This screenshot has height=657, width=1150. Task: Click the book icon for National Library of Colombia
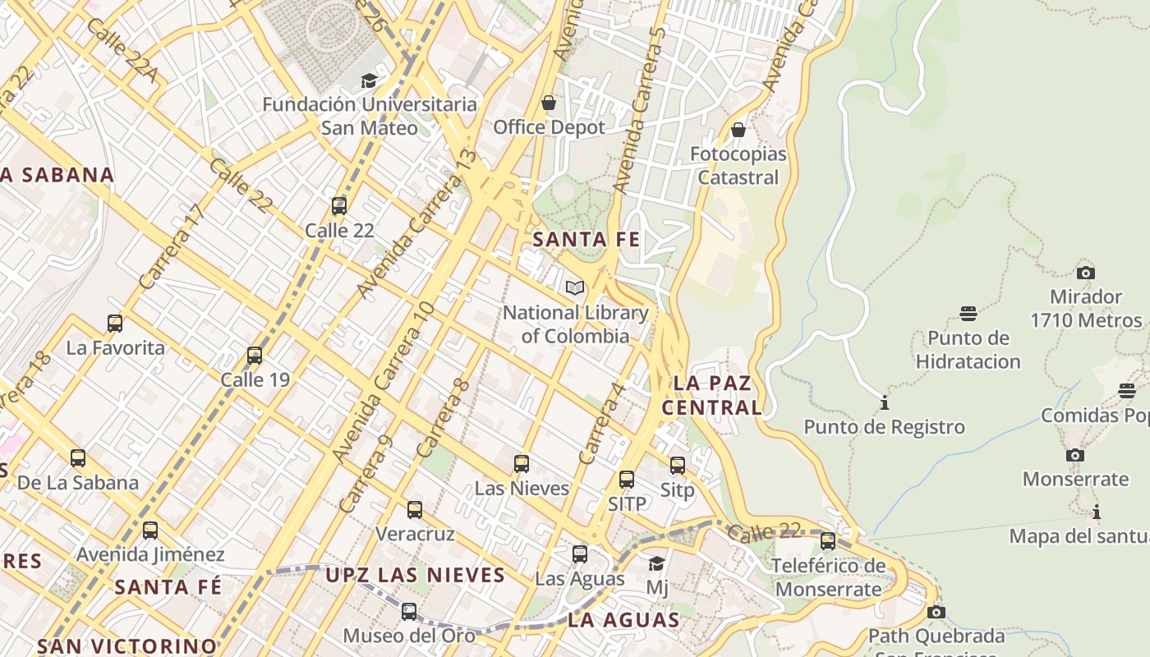tap(575, 288)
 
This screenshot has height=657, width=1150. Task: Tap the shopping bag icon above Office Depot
tap(548, 103)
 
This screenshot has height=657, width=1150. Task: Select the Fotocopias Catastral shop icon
tap(738, 130)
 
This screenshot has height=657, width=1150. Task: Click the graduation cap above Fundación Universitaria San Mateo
tap(369, 80)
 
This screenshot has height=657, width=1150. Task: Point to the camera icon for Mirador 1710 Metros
tap(1085, 273)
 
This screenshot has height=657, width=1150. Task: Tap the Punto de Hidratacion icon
tap(968, 314)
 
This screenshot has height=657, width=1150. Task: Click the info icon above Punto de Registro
tap(884, 403)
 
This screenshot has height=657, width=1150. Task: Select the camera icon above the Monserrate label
tap(1074, 455)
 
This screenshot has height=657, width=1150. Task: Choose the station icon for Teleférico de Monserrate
tap(828, 541)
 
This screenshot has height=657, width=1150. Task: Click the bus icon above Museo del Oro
tap(408, 612)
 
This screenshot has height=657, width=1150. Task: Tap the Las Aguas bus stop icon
tap(580, 554)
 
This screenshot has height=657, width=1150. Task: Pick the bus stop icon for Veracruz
tap(415, 510)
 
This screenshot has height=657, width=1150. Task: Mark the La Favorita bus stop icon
tap(115, 324)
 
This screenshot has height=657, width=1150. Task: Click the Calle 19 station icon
tap(255, 356)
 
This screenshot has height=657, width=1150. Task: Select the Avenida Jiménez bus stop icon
tap(149, 531)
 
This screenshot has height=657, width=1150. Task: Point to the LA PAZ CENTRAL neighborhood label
tap(712, 395)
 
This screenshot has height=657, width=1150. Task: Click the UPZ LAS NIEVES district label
tap(415, 575)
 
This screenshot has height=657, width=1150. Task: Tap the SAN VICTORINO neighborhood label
tap(127, 646)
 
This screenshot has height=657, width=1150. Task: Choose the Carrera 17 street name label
tap(171, 246)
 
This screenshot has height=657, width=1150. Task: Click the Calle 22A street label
tap(121, 51)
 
